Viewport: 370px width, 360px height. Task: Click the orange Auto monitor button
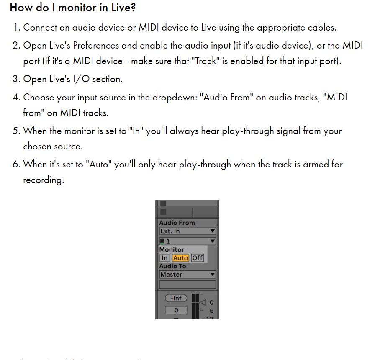click(x=180, y=258)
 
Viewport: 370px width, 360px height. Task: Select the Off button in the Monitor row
click(x=198, y=258)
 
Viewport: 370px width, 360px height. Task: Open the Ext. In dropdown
click(x=188, y=231)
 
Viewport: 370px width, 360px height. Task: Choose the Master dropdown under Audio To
click(x=188, y=275)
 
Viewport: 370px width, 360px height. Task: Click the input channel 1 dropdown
click(x=188, y=241)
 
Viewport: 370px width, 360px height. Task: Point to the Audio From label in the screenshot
click(x=177, y=223)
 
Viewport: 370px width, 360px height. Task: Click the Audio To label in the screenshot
click(x=172, y=266)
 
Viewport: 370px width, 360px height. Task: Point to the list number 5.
click(x=16, y=131)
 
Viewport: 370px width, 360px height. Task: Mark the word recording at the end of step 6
click(x=43, y=180)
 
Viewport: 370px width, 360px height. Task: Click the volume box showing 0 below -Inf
click(x=176, y=310)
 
